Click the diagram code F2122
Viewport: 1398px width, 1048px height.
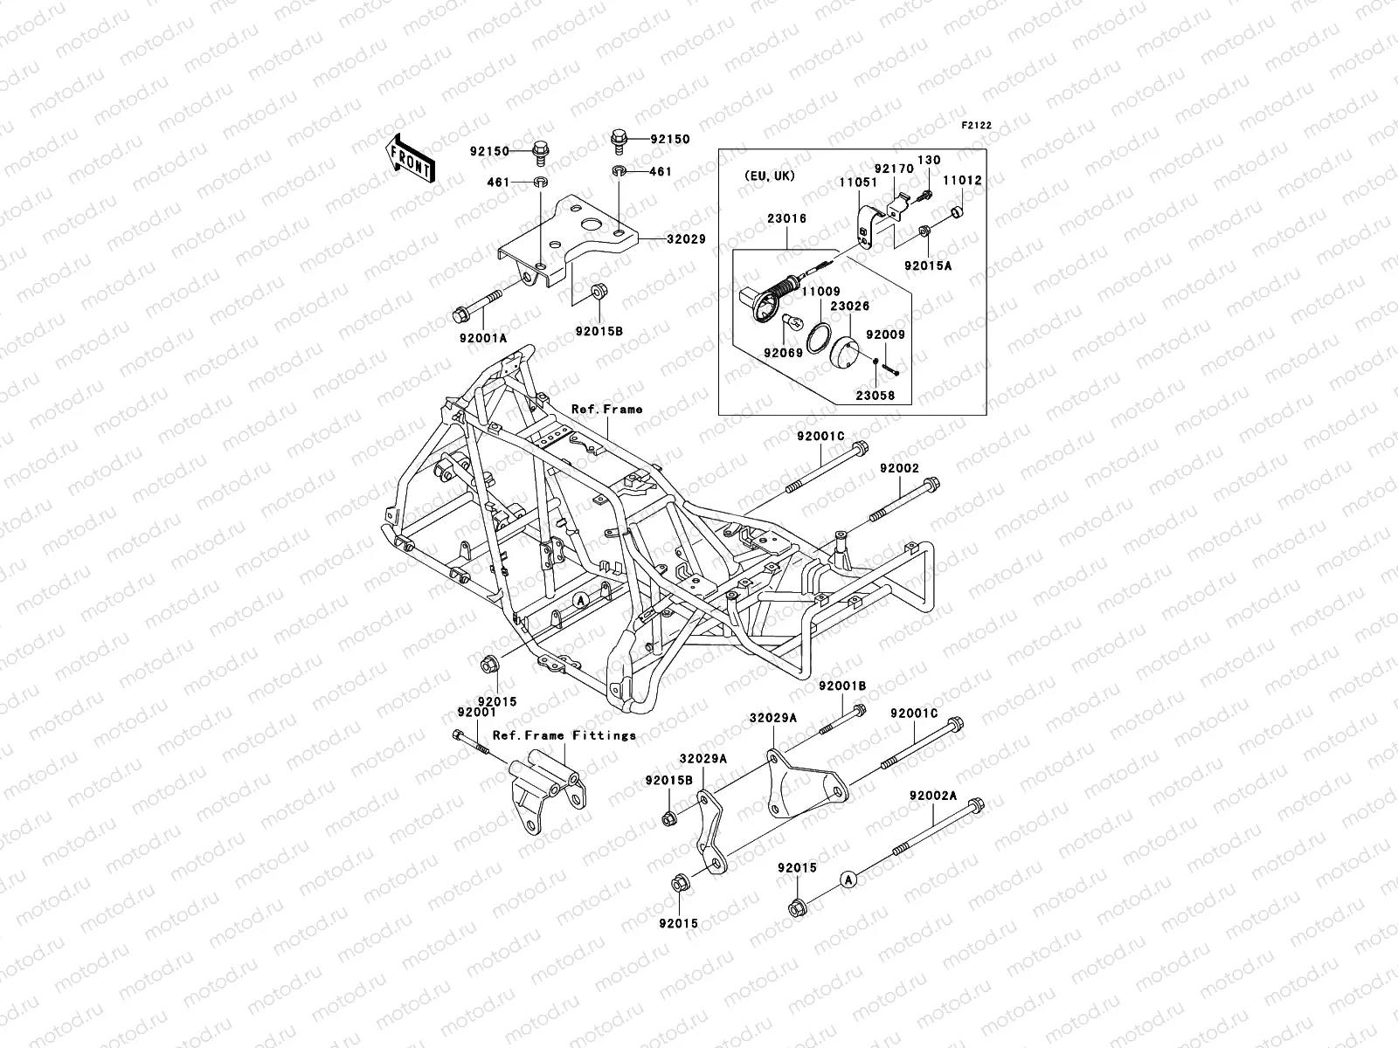[977, 126]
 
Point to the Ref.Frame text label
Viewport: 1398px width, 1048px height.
[606, 409]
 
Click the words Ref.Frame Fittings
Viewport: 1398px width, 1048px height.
[564, 735]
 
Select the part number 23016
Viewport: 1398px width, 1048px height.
[787, 219]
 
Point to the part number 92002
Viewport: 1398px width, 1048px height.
[899, 469]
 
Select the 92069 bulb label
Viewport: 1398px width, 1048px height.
[782, 354]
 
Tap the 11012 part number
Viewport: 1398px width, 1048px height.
[963, 181]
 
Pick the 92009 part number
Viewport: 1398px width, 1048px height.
[885, 334]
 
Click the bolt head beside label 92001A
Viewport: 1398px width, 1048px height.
[461, 313]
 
